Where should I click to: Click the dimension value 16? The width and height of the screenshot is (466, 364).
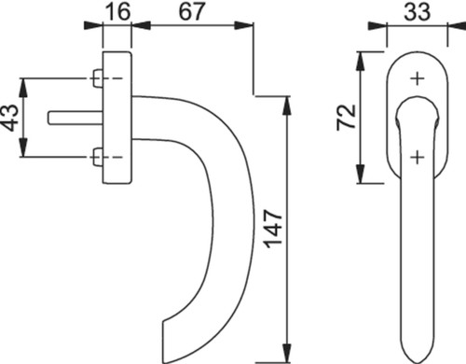coord(117,11)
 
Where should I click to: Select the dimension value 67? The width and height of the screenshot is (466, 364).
coord(192,11)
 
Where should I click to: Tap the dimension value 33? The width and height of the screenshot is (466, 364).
coord(418,11)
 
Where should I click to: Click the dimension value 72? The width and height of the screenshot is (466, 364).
coord(347,118)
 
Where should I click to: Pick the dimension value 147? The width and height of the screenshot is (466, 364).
coord(273,230)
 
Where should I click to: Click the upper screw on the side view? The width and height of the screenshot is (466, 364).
coord(97,78)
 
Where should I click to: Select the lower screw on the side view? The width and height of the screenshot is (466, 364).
coord(97,157)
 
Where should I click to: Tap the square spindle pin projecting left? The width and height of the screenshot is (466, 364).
coord(75,118)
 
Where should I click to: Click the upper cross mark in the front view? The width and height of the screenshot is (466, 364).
coord(418,78)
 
